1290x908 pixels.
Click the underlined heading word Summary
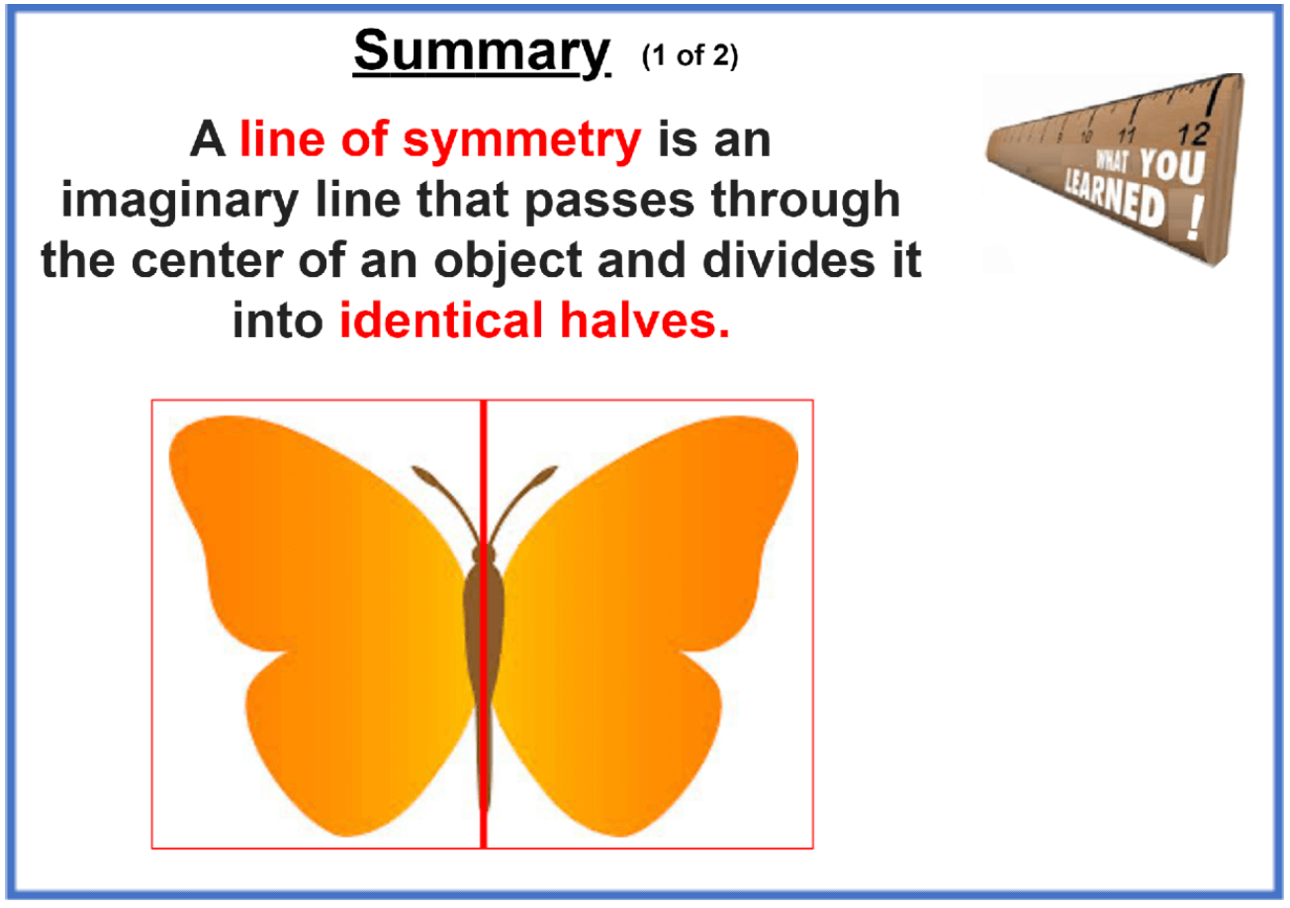(x=482, y=52)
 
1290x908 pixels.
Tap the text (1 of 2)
(x=690, y=56)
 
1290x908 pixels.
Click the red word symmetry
(x=521, y=139)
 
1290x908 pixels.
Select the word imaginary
(x=180, y=201)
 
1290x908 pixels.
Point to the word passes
(x=609, y=201)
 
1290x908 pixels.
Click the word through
(x=805, y=200)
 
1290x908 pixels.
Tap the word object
(x=507, y=262)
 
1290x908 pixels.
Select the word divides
(x=789, y=260)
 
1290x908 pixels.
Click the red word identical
(x=441, y=320)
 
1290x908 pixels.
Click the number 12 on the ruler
(x=1193, y=135)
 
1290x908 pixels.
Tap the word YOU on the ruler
(x=1172, y=166)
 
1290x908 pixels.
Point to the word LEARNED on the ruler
(x=1114, y=198)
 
